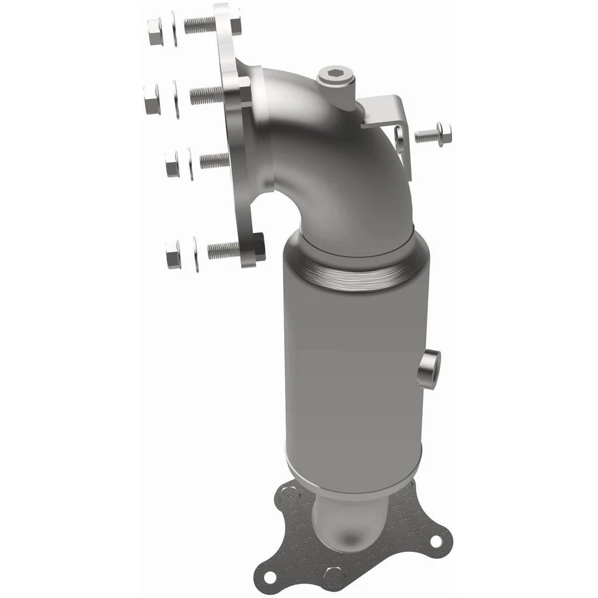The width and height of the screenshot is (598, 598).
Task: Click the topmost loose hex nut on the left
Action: [x=154, y=32]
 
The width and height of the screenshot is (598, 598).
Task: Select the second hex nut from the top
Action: [x=151, y=100]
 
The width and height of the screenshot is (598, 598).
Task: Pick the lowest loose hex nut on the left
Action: [x=173, y=254]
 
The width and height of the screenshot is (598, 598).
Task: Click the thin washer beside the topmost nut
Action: [x=174, y=29]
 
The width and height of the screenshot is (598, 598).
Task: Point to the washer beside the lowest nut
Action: [x=196, y=254]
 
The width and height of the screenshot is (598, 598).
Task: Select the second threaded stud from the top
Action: [x=206, y=95]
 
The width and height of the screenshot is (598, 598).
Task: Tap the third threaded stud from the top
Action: [x=214, y=160]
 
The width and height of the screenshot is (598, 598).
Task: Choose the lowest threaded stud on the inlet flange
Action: [x=223, y=250]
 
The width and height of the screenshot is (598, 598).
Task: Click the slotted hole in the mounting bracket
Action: [x=398, y=138]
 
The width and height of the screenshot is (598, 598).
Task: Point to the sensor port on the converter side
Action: [x=429, y=369]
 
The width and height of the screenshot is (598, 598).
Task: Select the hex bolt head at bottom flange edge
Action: [x=333, y=576]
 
